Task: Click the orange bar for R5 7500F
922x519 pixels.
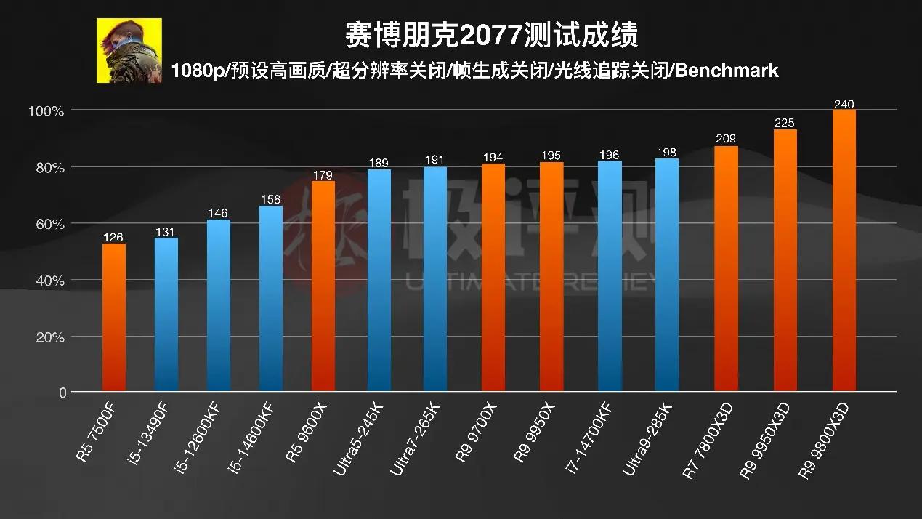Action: click(x=113, y=318)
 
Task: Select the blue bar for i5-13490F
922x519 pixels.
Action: click(x=166, y=315)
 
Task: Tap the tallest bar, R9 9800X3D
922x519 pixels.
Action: click(x=844, y=251)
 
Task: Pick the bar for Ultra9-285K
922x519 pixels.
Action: click(x=667, y=275)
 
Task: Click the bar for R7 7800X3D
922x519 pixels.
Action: click(x=726, y=269)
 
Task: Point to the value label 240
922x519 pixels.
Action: click(x=844, y=105)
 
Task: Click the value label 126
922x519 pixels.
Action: click(x=113, y=237)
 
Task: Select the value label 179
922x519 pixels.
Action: click(x=323, y=174)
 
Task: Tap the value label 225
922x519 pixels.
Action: click(x=785, y=124)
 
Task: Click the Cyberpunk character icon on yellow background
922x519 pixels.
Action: click(x=129, y=50)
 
